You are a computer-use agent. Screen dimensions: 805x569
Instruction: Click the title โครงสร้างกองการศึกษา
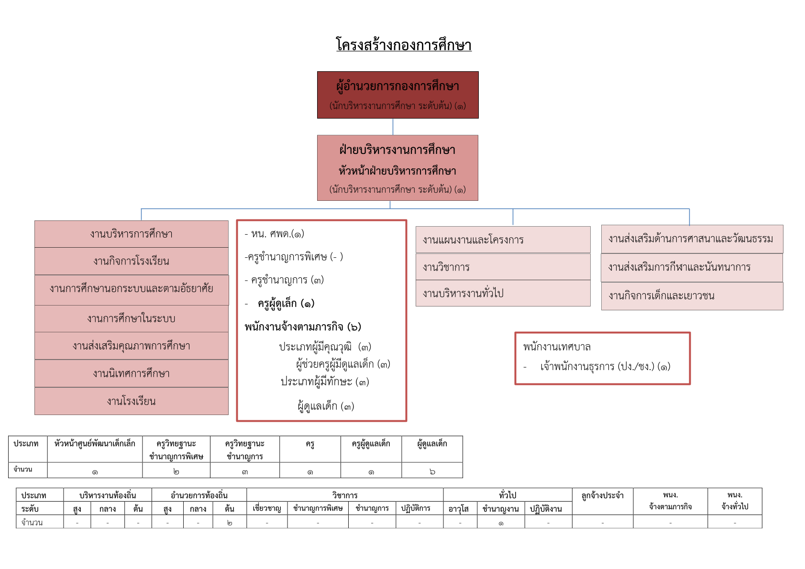(404, 44)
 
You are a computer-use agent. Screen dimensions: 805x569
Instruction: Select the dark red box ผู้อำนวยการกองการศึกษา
(398, 95)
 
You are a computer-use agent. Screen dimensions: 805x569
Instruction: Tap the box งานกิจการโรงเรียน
(132, 261)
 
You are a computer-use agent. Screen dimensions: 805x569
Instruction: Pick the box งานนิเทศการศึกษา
(132, 373)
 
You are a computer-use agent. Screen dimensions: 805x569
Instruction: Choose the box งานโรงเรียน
(132, 401)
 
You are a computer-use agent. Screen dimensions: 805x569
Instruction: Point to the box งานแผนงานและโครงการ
(503, 240)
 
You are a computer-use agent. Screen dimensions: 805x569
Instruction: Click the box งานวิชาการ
(503, 267)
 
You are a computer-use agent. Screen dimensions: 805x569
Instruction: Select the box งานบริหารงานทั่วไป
(503, 293)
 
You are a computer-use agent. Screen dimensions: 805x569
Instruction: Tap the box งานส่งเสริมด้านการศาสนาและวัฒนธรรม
(692, 239)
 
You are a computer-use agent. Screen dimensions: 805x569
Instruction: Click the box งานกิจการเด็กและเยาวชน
(692, 296)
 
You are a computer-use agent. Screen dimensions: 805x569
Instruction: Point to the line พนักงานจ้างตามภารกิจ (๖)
(303, 327)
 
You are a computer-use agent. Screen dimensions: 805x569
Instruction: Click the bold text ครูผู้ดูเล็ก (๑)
(286, 304)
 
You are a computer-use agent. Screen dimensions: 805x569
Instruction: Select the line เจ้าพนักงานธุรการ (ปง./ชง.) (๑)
(605, 366)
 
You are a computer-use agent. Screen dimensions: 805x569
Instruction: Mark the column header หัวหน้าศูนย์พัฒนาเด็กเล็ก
(95, 444)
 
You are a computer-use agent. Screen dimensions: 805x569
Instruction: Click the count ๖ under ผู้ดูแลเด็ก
(432, 471)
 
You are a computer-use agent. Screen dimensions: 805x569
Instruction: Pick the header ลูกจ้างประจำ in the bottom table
(602, 496)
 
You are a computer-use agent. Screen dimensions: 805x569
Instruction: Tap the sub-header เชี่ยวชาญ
(267, 508)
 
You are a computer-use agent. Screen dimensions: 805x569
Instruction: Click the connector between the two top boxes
(393, 127)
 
